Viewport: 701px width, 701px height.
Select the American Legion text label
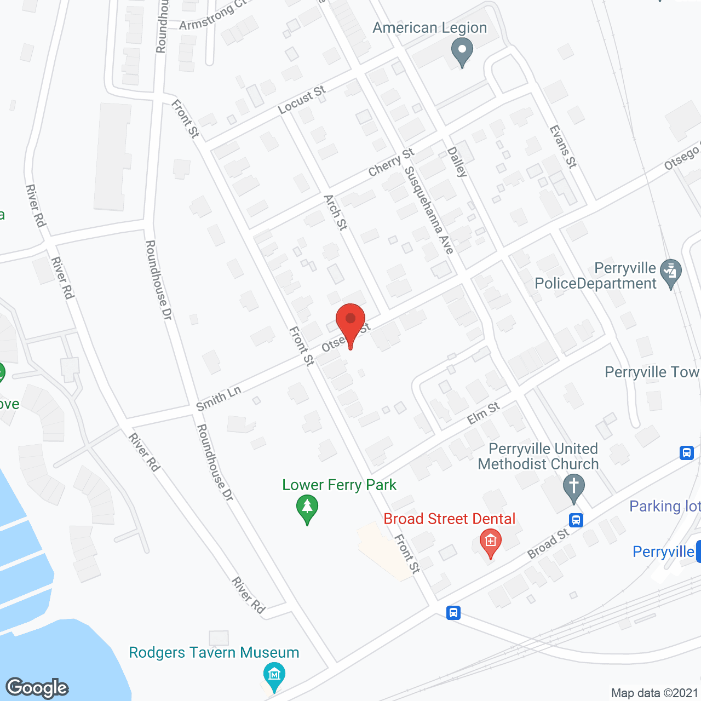point(429,27)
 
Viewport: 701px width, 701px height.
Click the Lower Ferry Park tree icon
point(307,508)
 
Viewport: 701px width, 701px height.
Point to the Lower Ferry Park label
point(339,485)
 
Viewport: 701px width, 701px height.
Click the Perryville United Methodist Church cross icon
point(574,487)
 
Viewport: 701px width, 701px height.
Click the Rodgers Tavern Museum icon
point(274,673)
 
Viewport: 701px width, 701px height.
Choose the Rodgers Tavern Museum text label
point(214,652)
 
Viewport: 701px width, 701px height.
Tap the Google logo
point(37,688)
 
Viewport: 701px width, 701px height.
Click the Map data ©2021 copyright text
point(655,693)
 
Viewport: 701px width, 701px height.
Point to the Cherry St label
point(391,163)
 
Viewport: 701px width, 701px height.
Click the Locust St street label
point(302,100)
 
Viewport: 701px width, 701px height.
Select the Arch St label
point(335,212)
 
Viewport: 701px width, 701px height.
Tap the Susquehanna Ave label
point(429,210)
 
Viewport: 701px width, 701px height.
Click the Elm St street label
point(484,413)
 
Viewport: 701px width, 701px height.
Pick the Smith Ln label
point(219,398)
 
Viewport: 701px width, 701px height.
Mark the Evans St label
point(563,146)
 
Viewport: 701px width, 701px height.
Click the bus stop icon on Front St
point(453,612)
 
